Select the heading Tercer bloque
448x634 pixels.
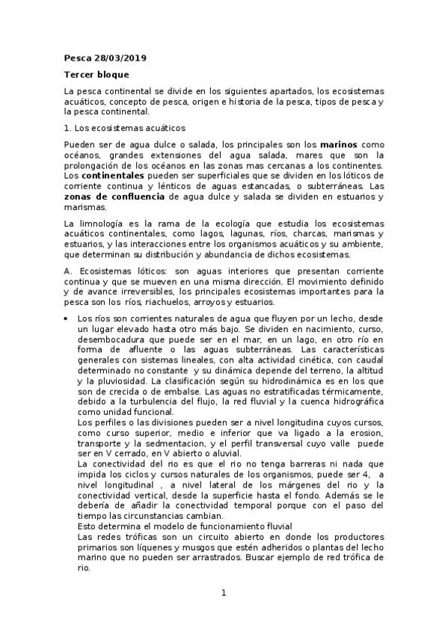click(x=96, y=75)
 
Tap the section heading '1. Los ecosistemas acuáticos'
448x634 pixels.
click(x=123, y=129)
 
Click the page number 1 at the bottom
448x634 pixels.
click(x=224, y=593)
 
